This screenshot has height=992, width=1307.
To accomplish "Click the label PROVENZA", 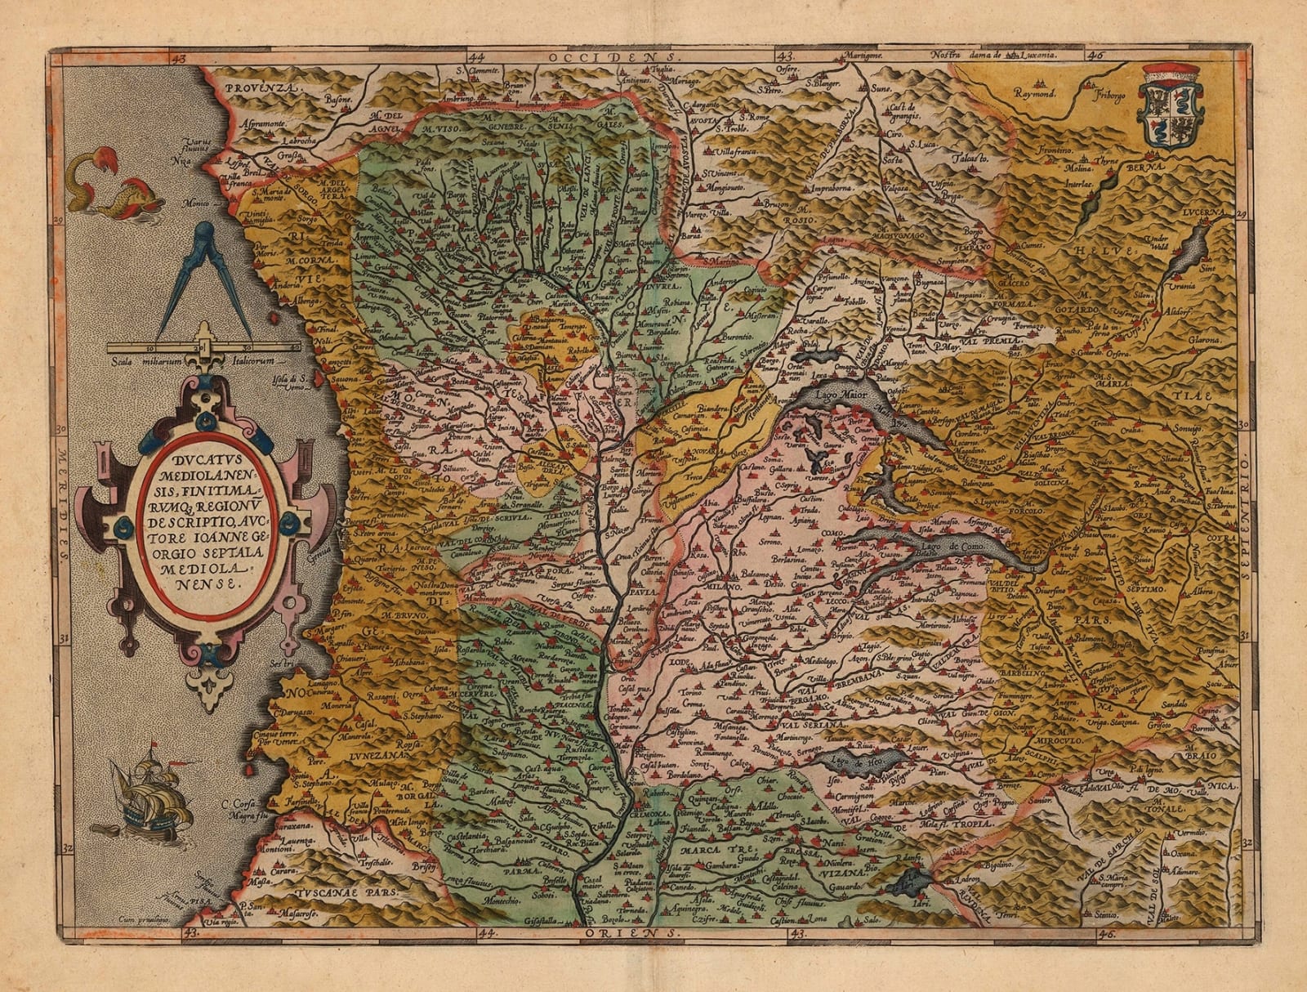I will click(x=243, y=87).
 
